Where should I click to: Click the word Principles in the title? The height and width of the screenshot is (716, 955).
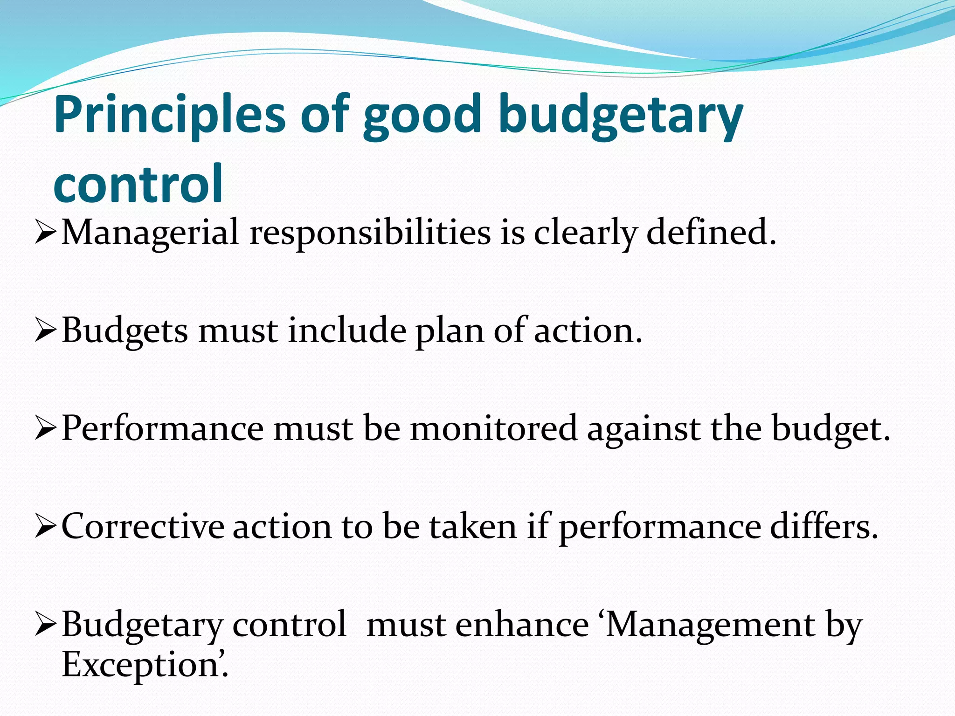pyautogui.click(x=169, y=116)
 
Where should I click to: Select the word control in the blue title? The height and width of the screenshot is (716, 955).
pyautogui.click(x=138, y=184)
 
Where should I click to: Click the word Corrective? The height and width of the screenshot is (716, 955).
pyautogui.click(x=143, y=526)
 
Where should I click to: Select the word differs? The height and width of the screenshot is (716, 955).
pyautogui.click(x=824, y=526)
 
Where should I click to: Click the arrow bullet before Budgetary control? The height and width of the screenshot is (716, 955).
pyautogui.click(x=46, y=625)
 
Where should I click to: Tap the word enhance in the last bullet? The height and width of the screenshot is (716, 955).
pyautogui.click(x=522, y=625)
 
